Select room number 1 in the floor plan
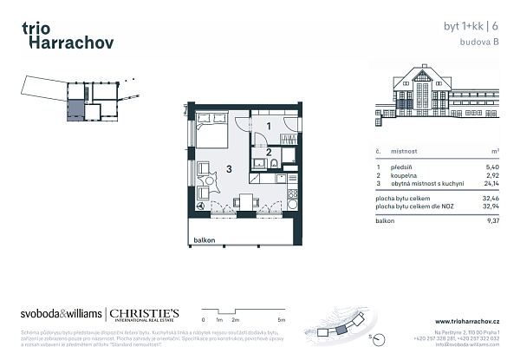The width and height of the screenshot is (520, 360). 269,127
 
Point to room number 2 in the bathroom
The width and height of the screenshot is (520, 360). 269,153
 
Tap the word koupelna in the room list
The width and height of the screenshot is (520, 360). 407,175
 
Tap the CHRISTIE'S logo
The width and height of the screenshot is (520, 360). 144,313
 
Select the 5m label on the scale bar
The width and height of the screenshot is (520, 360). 294,320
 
